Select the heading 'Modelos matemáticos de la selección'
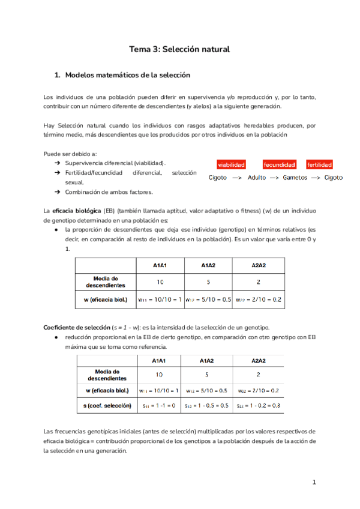(x=127, y=75)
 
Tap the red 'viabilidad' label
(x=231, y=164)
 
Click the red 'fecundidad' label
(x=279, y=164)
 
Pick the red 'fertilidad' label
(x=319, y=164)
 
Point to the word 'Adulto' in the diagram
(x=257, y=178)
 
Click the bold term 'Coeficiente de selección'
(x=77, y=327)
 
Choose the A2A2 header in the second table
(x=259, y=360)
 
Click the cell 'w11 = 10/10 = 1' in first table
(x=160, y=299)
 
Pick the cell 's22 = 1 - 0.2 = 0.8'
(x=259, y=406)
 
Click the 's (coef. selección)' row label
(x=107, y=406)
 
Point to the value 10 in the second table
(x=160, y=375)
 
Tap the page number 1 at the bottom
(x=314, y=482)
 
